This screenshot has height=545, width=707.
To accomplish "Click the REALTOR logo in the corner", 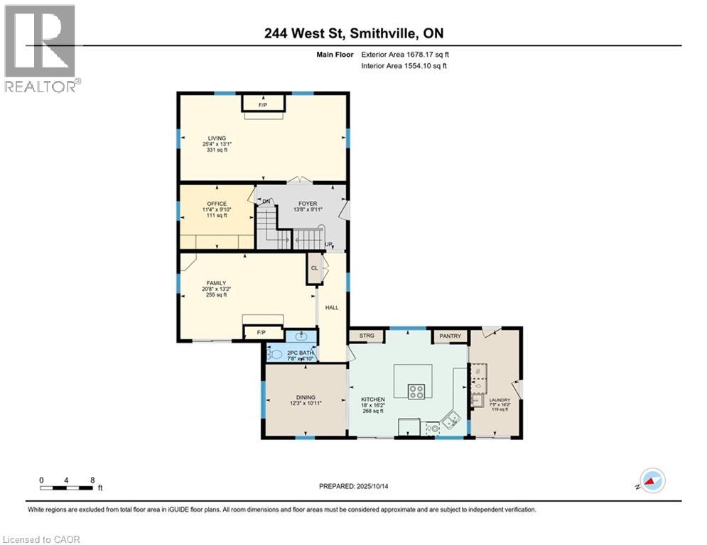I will (x=41, y=48).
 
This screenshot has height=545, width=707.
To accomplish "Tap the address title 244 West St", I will (x=353, y=33).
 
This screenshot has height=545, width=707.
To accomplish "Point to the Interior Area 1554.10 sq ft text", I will (x=404, y=66).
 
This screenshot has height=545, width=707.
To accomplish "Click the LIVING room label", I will (x=217, y=138).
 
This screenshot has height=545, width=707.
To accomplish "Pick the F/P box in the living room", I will (x=262, y=104).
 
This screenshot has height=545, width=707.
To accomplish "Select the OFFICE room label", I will (x=217, y=204).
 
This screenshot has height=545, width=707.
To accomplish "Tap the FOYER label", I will (x=307, y=204).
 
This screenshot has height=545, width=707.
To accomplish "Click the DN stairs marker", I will (x=266, y=202).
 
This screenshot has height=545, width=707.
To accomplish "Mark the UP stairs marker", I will (x=328, y=245).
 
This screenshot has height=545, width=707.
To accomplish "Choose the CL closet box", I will (x=314, y=268).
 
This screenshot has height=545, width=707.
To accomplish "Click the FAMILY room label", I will (x=216, y=283).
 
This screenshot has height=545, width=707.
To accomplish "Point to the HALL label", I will (x=332, y=308).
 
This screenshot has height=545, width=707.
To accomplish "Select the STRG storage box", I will (x=367, y=336).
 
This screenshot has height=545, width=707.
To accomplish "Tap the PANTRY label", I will (x=450, y=336).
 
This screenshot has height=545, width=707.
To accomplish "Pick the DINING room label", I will (x=306, y=397).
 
